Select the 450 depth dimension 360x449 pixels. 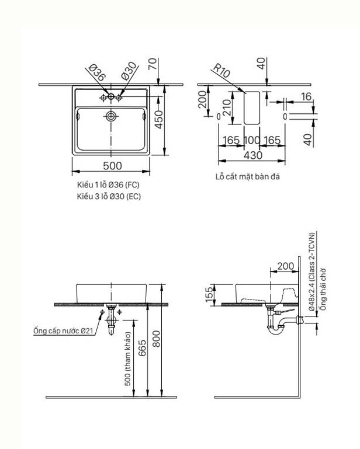[x=157, y=121]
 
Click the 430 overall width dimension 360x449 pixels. [x=252, y=155]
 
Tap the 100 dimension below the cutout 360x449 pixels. [x=252, y=140]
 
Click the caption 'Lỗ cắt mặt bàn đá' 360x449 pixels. [x=247, y=176]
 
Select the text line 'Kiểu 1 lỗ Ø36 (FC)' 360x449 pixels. [x=109, y=185]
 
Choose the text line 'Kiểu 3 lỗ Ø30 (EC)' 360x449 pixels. [x=109, y=197]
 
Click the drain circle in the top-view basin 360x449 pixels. [x=110, y=116]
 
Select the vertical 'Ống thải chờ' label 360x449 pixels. [x=322, y=288]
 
